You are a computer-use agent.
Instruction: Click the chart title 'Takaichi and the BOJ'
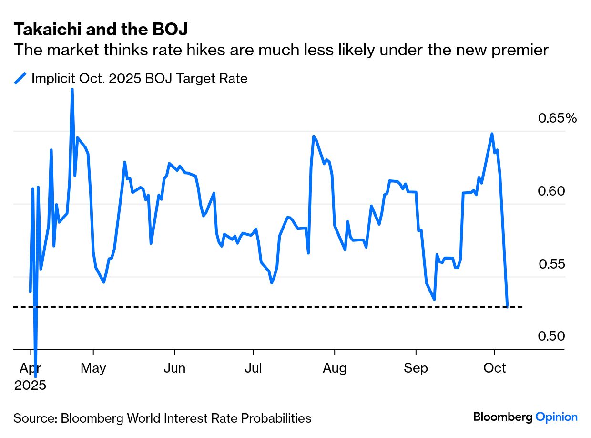101,30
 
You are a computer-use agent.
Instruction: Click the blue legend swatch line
20,78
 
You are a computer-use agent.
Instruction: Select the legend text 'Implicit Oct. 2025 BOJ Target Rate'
139,78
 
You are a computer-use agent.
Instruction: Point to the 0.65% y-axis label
557,118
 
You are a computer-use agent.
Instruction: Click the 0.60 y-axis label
551,191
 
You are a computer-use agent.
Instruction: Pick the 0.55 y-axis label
551,264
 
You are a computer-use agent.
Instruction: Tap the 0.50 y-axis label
551,336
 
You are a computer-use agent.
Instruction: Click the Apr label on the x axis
30,368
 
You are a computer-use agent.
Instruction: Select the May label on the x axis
93,368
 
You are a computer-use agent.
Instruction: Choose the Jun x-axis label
174,368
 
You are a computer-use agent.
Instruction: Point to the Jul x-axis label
253,368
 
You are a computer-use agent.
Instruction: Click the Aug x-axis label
335,368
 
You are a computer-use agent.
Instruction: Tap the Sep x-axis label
416,368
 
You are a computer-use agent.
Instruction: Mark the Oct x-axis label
495,368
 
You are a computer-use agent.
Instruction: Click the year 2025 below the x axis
30,385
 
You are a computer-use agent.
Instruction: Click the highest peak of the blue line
72,90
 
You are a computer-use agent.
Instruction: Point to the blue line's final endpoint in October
508,306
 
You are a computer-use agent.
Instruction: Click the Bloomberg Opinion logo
525,417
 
